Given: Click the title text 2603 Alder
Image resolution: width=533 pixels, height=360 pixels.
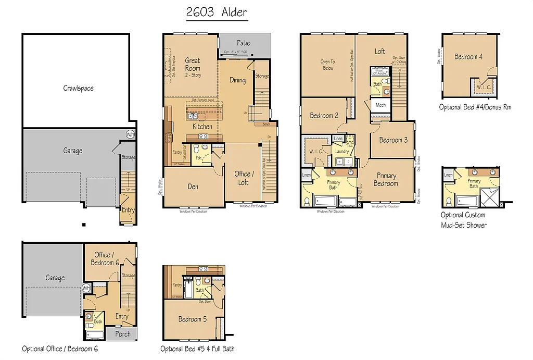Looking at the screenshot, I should pyautogui.click(x=217, y=13).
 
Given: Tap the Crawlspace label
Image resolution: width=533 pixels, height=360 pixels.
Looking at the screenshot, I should pyautogui.click(x=79, y=88).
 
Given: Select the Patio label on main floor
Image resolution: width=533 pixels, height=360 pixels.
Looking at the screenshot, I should pyautogui.click(x=244, y=43).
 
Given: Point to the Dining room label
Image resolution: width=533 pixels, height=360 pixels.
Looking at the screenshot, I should pyautogui.click(x=237, y=80).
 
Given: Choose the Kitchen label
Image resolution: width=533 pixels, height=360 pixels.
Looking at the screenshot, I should pyautogui.click(x=202, y=127).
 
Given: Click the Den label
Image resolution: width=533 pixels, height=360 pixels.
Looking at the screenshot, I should pyautogui.click(x=193, y=187).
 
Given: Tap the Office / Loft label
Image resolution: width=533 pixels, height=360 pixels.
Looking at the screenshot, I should pyautogui.click(x=244, y=178).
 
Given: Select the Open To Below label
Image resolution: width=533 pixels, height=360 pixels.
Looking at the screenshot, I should pyautogui.click(x=327, y=65).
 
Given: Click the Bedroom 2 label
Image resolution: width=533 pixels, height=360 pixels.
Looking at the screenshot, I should pyautogui.click(x=324, y=115).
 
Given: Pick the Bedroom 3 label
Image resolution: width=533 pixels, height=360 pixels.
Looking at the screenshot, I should pyautogui.click(x=393, y=140).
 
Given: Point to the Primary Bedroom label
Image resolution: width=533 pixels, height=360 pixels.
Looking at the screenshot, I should pyautogui.click(x=386, y=179).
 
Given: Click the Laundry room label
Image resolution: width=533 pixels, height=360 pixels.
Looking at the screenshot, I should pyautogui.click(x=342, y=152).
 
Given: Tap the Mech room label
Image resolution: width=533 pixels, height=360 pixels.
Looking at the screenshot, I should pyautogui.click(x=380, y=105).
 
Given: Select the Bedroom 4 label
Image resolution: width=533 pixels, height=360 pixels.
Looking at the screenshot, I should pyautogui.click(x=468, y=56).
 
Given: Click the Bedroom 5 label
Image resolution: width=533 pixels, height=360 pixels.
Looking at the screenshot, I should pyautogui.click(x=192, y=319).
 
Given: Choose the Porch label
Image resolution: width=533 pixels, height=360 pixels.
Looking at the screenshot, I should pyautogui.click(x=123, y=334).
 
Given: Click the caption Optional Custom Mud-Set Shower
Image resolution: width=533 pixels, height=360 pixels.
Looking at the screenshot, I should pyautogui.click(x=463, y=220).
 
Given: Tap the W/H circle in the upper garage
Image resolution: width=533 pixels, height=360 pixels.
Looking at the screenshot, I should pyautogui.click(x=130, y=134).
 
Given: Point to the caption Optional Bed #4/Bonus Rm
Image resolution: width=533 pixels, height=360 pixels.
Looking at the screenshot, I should pyautogui.click(x=475, y=107).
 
